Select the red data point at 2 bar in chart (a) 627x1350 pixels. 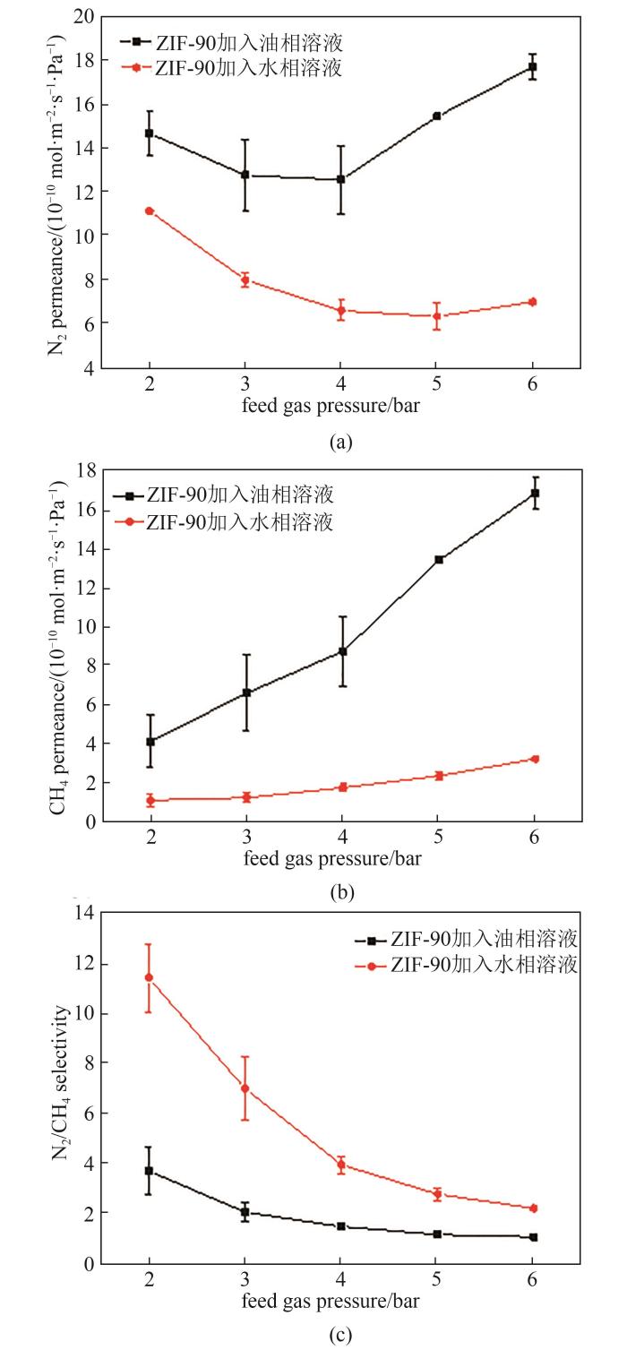pos(150,211)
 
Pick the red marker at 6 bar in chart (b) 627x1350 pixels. pos(534,759)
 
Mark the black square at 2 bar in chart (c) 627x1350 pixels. pos(150,1171)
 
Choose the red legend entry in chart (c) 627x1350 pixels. pos(476,965)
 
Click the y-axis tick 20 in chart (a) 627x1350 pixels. pos(83,17)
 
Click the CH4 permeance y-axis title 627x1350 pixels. pos(56,648)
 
